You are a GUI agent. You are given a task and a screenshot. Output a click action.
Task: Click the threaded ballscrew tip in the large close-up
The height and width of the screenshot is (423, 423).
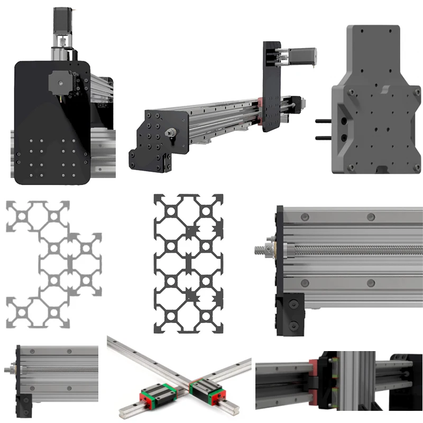click(x=262, y=248)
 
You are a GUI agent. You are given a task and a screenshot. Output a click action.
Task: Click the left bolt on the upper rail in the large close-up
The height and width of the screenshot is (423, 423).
click(x=305, y=217)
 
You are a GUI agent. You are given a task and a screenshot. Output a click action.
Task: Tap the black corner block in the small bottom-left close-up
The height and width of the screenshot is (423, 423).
click(x=23, y=404)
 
